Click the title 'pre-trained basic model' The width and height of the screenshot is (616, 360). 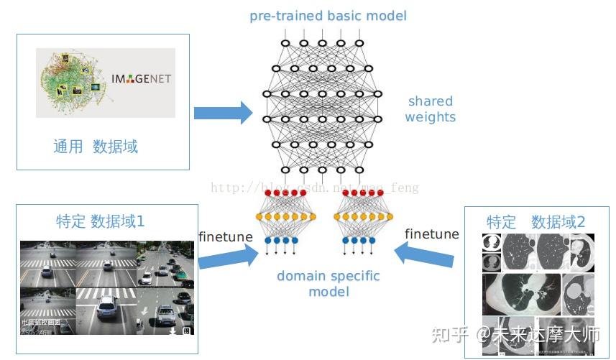[x=328, y=16]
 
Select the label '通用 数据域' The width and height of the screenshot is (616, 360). [x=95, y=147]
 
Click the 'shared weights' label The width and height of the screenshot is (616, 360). [x=430, y=109]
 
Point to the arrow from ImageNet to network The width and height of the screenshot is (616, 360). [x=223, y=112]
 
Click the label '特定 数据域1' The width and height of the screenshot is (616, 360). [x=100, y=221]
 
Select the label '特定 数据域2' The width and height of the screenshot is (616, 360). [x=535, y=222]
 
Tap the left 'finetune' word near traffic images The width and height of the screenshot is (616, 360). [x=226, y=236]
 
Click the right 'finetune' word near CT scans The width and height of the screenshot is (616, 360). [x=432, y=234]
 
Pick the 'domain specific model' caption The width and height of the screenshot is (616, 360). [x=328, y=283]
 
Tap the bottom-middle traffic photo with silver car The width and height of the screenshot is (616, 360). [x=106, y=310]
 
